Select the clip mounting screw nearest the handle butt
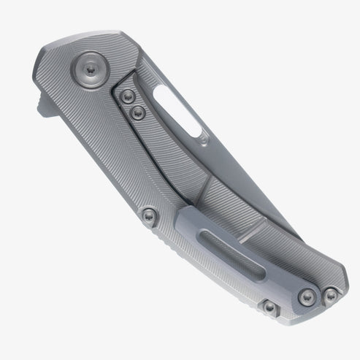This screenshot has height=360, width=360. pyautogui.click(x=329, y=295)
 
